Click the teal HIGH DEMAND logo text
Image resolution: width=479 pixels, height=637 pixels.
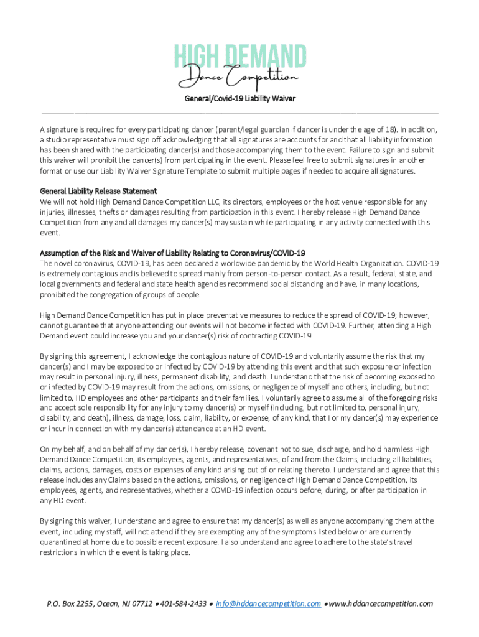(x=240, y=57)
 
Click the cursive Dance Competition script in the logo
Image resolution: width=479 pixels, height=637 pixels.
(x=240, y=78)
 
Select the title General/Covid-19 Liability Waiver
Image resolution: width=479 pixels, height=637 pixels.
(x=240, y=98)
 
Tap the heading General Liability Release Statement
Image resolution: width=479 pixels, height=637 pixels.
(x=98, y=191)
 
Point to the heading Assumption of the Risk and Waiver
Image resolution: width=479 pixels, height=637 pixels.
(x=172, y=253)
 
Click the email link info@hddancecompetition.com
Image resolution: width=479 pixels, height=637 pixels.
(x=268, y=603)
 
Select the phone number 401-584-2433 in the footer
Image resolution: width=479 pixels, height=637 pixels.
(x=184, y=603)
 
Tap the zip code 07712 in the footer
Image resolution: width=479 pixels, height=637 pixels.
(x=141, y=603)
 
